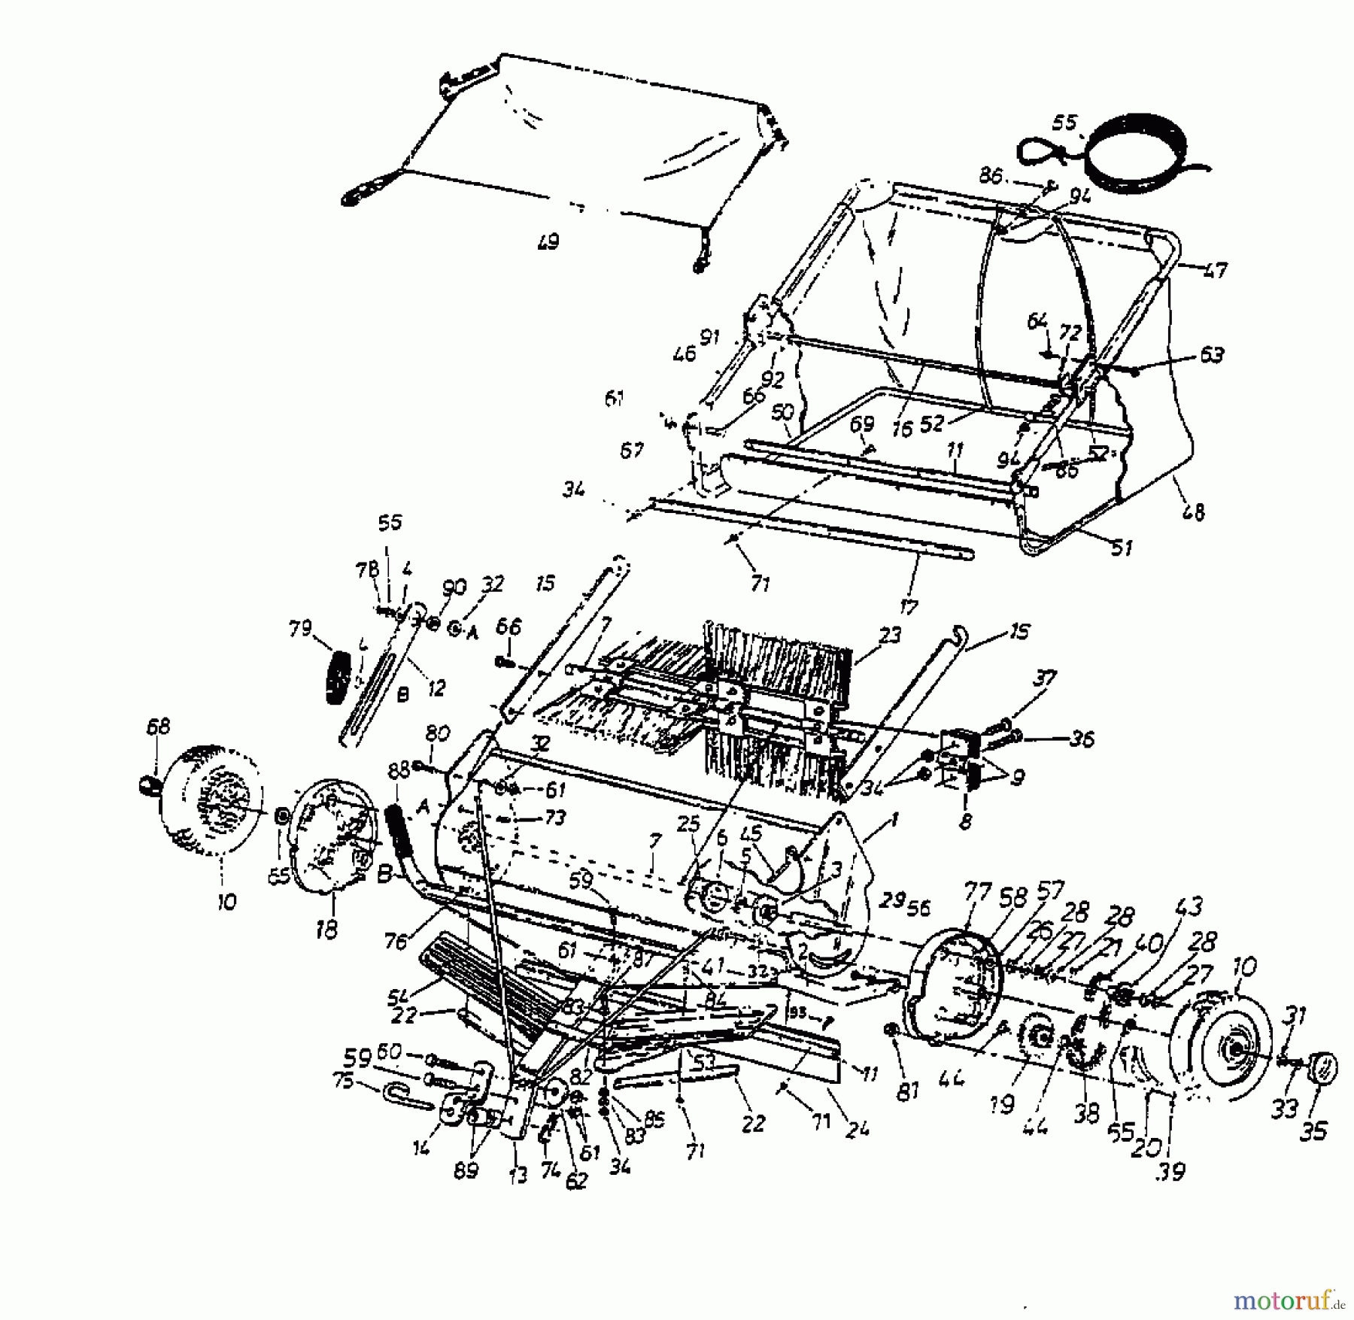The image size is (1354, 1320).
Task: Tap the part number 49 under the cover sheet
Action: point(548,242)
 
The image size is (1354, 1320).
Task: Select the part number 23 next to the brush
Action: point(890,636)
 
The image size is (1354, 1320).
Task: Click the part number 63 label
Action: point(1212,354)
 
